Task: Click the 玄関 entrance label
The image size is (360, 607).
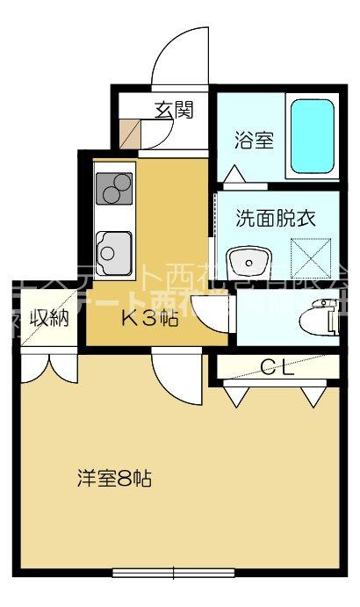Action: (174, 110)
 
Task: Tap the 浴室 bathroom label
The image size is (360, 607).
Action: (254, 140)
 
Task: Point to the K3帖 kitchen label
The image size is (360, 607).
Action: (149, 319)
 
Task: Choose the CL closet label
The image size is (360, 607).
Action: (277, 366)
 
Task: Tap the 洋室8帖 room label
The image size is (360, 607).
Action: (114, 479)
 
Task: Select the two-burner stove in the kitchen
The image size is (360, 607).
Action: (113, 188)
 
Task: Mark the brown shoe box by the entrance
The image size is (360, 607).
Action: (128, 133)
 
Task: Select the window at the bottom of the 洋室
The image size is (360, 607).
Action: (173, 574)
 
